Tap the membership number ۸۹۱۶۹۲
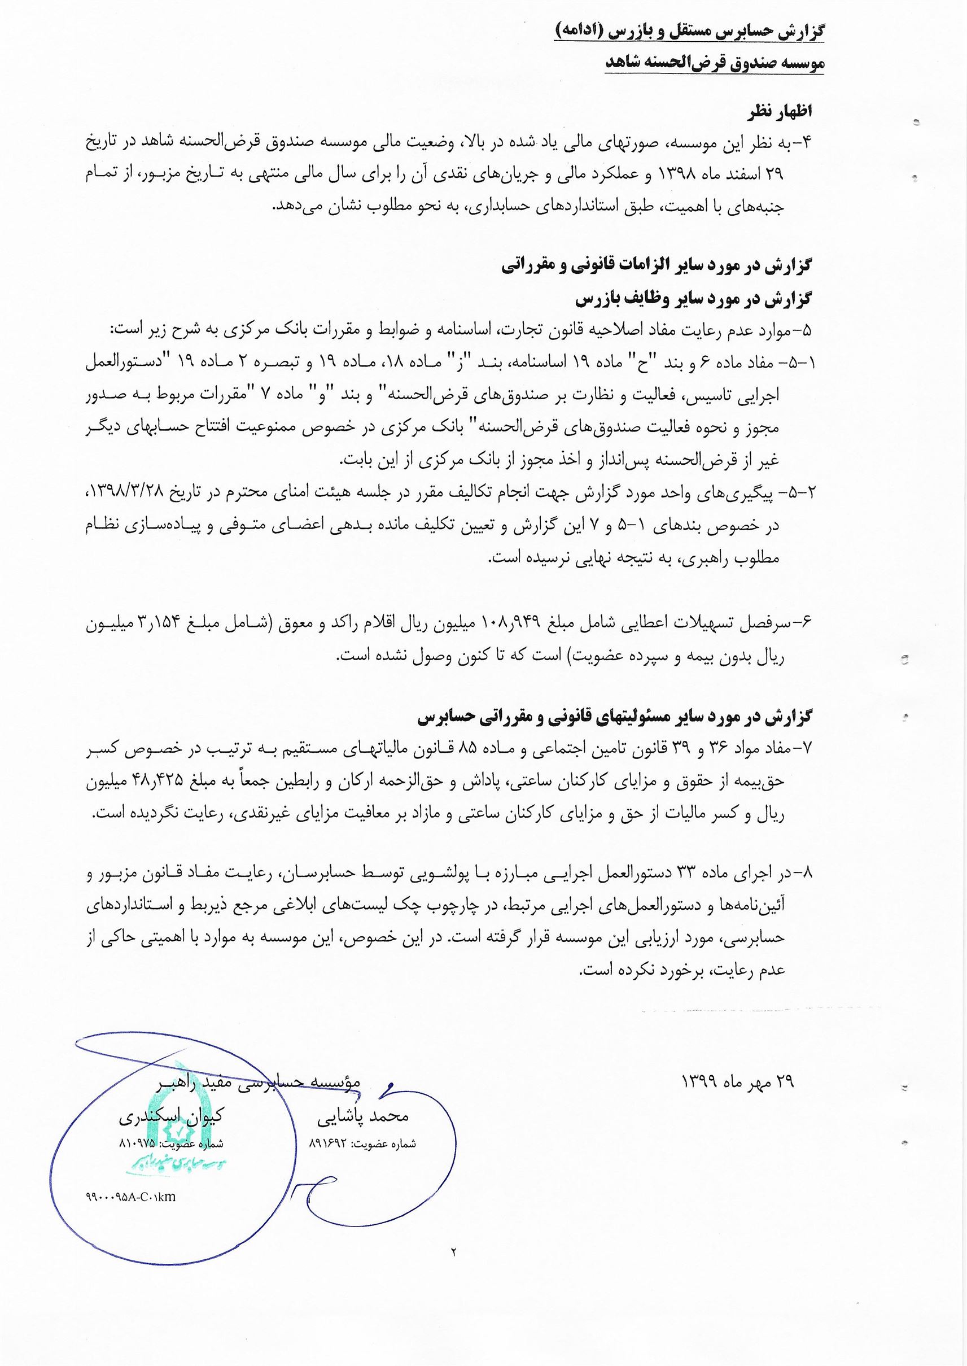coord(330,1144)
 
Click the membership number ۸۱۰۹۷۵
coord(137,1144)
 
